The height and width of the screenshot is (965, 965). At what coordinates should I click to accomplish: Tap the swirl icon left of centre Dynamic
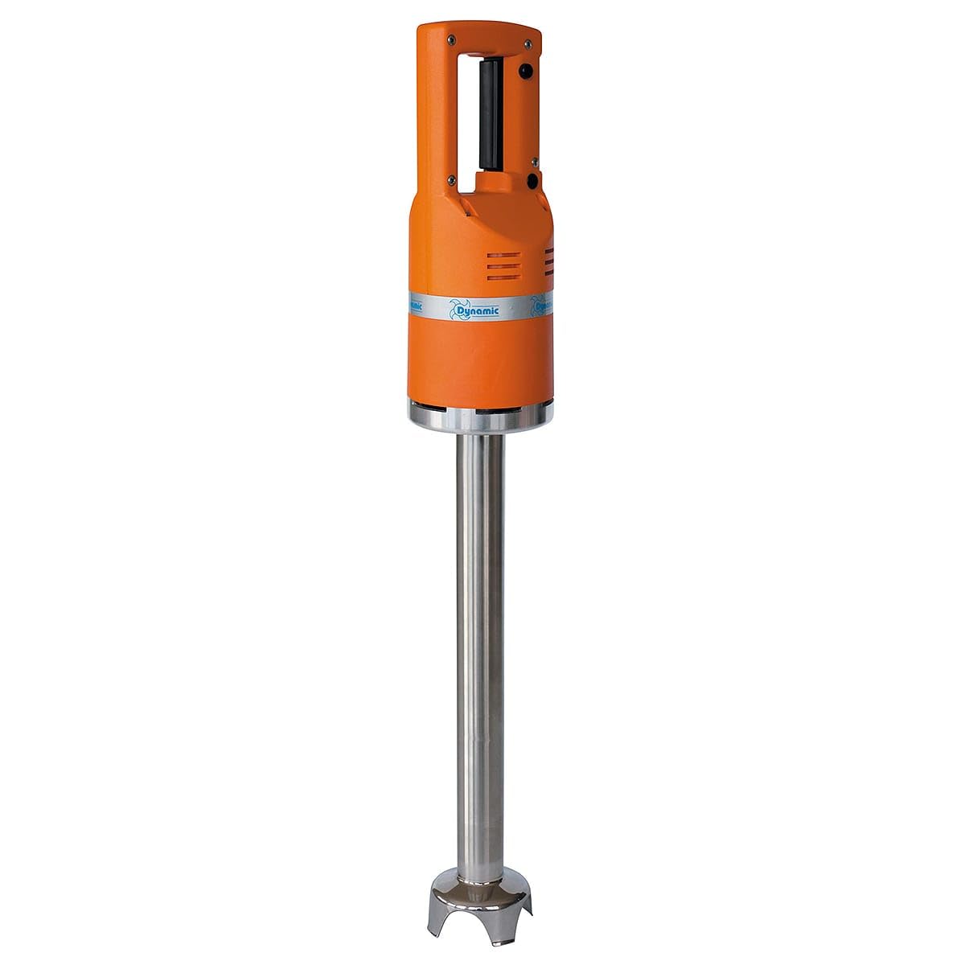pyautogui.click(x=447, y=310)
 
